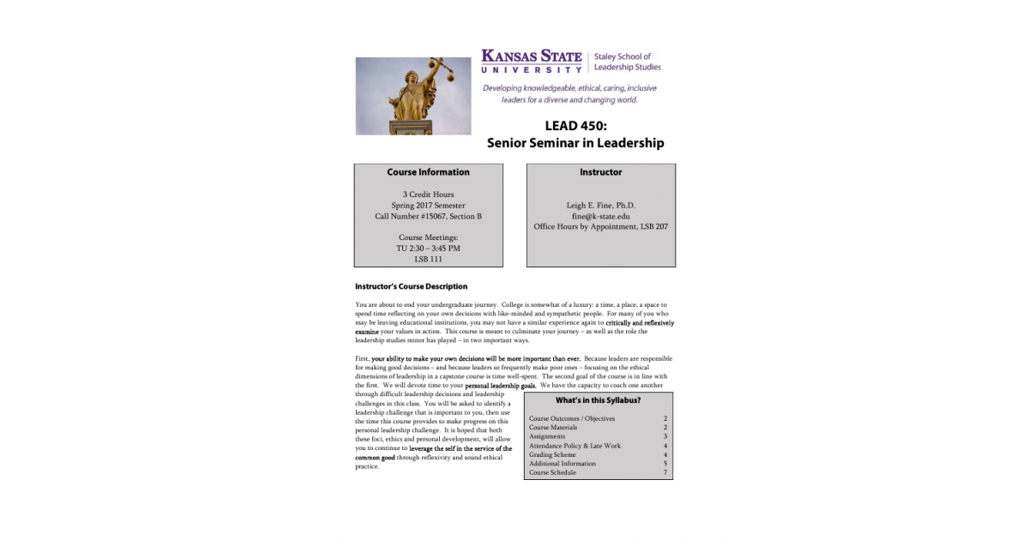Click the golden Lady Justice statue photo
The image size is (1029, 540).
pos(413,96)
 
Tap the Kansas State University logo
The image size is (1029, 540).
pos(532,61)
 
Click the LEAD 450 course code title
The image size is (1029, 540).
pos(575,125)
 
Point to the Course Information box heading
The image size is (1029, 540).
pos(428,172)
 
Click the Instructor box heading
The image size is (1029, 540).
pos(600,172)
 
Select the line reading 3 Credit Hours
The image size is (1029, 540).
pos(428,195)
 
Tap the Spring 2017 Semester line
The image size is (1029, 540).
pos(428,206)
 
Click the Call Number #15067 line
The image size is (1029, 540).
pos(428,216)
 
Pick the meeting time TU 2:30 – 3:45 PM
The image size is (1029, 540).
pos(428,249)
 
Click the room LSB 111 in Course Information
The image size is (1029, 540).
pos(428,259)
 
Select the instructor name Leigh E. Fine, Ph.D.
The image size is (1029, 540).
pos(600,206)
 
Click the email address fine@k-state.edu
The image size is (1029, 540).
pos(600,216)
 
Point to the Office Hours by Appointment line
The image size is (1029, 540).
pos(600,227)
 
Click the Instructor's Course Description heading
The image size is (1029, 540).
pos(411,286)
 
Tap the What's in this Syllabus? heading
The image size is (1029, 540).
pos(598,400)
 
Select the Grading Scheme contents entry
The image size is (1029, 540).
pos(553,454)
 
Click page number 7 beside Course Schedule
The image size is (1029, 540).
pos(665,472)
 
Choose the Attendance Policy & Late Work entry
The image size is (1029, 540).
pos(575,446)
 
